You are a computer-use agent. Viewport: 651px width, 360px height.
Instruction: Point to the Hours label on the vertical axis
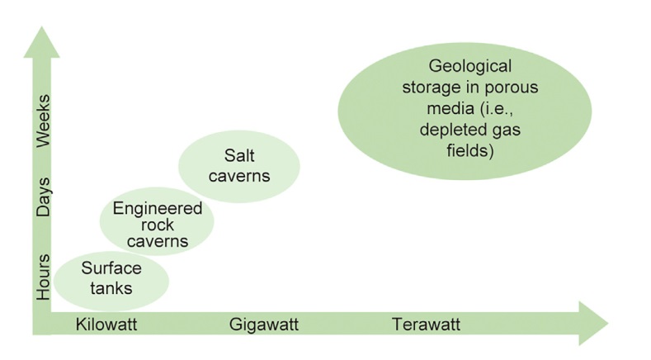(x=44, y=278)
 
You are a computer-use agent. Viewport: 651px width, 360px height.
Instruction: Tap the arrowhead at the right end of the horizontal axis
(x=592, y=323)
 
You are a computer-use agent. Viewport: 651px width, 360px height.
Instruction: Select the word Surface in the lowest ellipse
(x=111, y=269)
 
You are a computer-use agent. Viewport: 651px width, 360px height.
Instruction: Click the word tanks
(x=111, y=288)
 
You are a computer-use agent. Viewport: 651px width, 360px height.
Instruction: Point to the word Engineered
(x=157, y=209)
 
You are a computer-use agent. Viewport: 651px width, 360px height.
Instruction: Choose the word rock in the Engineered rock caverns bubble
(x=157, y=225)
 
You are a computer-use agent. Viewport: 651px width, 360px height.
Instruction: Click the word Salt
(x=239, y=155)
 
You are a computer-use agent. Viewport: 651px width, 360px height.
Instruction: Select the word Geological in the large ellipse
(x=471, y=66)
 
